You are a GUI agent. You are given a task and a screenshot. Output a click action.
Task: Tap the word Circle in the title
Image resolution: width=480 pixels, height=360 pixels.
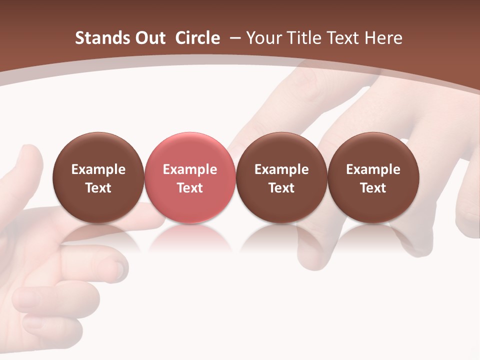197,38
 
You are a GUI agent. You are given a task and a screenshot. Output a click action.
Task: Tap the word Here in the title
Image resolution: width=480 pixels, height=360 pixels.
383,38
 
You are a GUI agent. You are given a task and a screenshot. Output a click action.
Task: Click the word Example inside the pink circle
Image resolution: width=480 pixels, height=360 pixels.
190,169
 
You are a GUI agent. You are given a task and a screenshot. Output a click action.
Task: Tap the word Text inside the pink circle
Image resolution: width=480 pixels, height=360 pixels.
190,188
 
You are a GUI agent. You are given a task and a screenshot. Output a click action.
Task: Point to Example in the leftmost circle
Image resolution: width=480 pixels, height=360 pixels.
98,169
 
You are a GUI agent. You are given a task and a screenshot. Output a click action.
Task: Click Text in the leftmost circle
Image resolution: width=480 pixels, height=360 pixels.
98,188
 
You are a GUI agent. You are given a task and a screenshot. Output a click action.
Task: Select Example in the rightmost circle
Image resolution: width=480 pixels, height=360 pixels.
373,169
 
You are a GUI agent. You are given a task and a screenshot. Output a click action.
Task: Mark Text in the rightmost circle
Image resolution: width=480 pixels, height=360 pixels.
373,188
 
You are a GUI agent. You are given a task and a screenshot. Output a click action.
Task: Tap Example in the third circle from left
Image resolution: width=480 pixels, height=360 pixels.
281,169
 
